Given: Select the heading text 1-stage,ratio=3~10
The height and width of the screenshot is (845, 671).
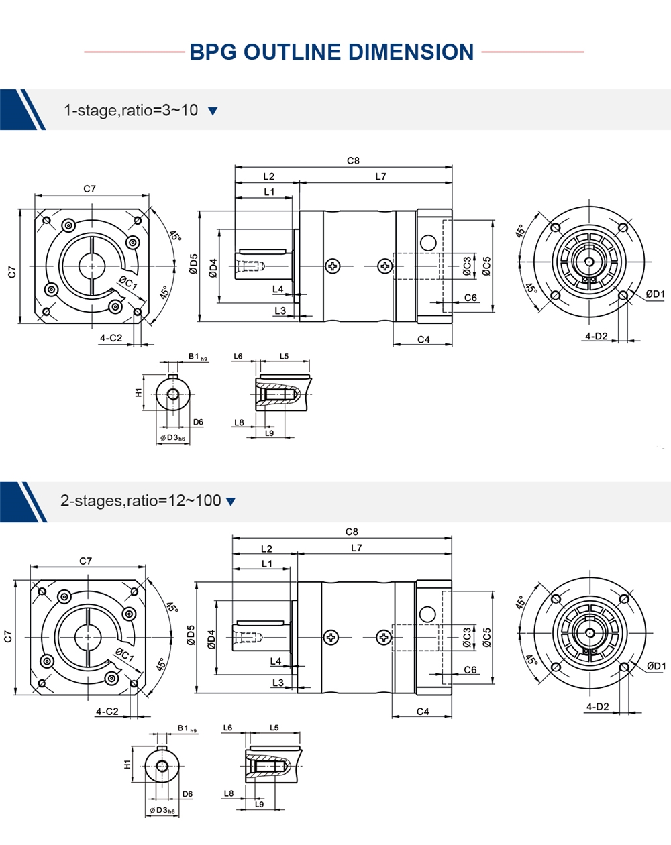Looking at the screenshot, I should point(131,110).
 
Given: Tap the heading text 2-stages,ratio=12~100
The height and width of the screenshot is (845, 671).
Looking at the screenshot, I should point(140,500).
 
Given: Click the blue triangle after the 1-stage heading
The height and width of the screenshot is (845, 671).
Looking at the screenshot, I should point(213,111).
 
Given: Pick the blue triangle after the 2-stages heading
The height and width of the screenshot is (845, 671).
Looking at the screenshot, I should point(231,502).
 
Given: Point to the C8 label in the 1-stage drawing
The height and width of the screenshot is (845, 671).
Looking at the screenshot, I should point(353,160).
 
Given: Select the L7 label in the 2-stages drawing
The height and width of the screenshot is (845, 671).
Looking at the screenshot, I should point(356,548).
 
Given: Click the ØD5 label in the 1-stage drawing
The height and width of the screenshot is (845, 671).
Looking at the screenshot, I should point(193,265).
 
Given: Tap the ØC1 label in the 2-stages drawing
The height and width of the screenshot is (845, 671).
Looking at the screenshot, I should point(125,654).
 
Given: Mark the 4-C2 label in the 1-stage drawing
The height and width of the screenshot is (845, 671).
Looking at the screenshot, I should point(111,338).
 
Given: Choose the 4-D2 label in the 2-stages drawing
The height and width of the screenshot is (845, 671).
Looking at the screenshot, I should point(597,706).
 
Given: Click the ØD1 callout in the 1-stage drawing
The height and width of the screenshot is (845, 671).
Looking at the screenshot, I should point(655,294).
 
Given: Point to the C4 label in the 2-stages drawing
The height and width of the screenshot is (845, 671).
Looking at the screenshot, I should point(423,712).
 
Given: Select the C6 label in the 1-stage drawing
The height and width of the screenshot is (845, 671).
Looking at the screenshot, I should point(470,298).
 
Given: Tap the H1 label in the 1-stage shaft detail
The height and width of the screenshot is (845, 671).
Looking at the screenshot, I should point(139,392).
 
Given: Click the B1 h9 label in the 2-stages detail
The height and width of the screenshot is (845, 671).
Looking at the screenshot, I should point(187,728).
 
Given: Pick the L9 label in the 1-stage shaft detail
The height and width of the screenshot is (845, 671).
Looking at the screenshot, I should point(270,433).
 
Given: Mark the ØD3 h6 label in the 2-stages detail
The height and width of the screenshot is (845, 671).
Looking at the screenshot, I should point(162,811).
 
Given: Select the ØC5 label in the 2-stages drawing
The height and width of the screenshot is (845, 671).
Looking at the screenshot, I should point(487,637).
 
